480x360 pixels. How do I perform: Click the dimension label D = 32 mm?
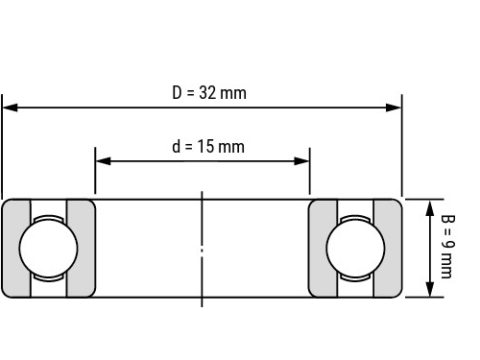[x=209, y=93]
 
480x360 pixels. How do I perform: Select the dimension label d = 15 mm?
[x=208, y=147]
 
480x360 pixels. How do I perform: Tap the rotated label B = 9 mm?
[x=447, y=247]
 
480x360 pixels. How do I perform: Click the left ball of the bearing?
[x=48, y=248]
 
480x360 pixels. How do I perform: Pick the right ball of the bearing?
[x=355, y=248]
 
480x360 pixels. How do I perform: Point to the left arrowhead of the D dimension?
[x=10, y=108]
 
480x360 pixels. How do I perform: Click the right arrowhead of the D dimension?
[x=394, y=108]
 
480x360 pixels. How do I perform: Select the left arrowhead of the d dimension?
[x=103, y=161]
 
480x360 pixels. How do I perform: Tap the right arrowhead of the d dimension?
[x=301, y=161]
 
